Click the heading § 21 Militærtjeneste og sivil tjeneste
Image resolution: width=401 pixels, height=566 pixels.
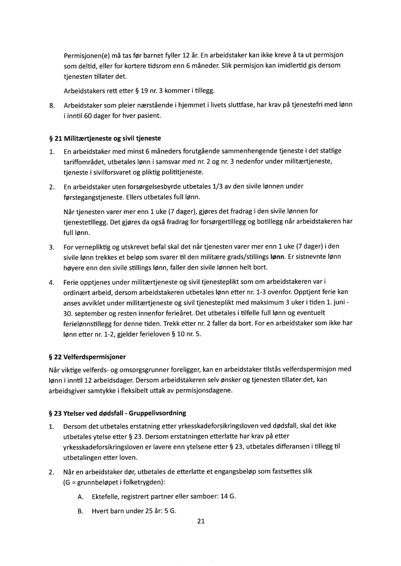point(105,138)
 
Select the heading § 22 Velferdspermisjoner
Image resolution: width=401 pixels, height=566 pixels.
point(87,357)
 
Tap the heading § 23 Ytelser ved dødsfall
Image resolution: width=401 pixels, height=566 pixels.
point(117,413)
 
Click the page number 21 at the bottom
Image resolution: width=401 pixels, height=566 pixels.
point(201,521)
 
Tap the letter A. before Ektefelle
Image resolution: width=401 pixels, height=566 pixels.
point(80,497)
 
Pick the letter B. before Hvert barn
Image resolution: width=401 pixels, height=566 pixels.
point(80,511)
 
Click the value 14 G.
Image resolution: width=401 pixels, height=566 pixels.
point(228,496)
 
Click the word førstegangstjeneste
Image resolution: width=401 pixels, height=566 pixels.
point(93,197)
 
